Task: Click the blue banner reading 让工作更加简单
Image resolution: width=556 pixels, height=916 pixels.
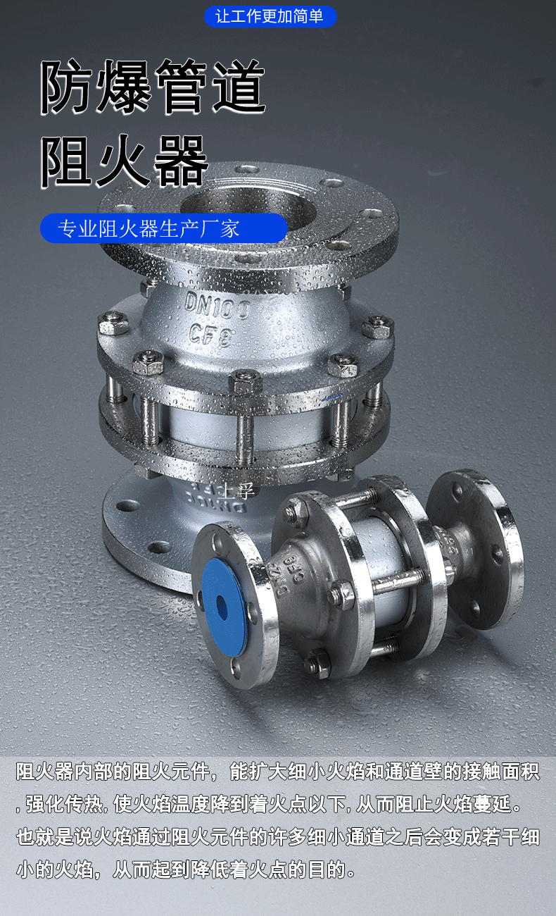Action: [x=270, y=16]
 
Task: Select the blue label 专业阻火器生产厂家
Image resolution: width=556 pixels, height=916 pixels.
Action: [x=163, y=228]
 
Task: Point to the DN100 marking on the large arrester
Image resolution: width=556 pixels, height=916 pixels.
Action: [x=217, y=306]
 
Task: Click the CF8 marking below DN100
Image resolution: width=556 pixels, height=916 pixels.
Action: [x=212, y=335]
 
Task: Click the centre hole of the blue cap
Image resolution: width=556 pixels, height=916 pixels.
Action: [x=222, y=607]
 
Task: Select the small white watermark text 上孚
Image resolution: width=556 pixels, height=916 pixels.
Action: [x=237, y=490]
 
